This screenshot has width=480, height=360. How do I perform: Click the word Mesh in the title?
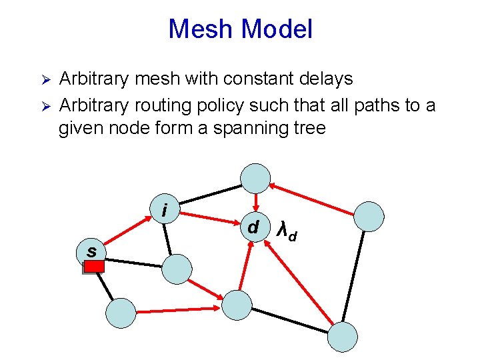click(x=202, y=29)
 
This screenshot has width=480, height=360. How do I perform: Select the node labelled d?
click(x=253, y=227)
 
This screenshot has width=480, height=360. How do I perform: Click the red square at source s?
click(x=94, y=266)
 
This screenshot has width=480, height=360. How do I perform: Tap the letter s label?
click(x=91, y=251)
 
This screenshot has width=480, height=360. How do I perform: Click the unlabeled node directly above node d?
click(x=255, y=178)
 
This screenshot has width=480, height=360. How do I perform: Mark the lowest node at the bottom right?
click(x=343, y=337)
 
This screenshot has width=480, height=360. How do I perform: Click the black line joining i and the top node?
click(x=210, y=191)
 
